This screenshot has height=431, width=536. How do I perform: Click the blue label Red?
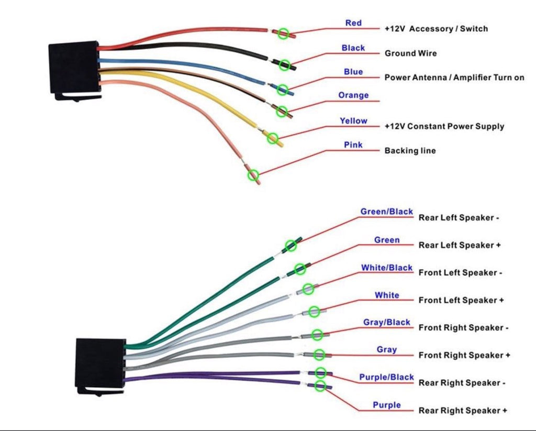[x=353, y=23]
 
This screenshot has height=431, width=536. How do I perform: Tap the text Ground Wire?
[x=410, y=53]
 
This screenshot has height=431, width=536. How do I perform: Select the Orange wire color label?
[x=353, y=95]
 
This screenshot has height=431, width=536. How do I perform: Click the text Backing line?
[x=410, y=151]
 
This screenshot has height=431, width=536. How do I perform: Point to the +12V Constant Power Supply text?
[x=444, y=126]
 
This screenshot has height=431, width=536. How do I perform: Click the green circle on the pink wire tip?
[x=253, y=175]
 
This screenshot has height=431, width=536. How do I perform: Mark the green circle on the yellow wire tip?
[x=272, y=138]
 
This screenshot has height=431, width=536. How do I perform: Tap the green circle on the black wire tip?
[x=284, y=65]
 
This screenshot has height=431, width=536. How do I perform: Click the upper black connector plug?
[x=74, y=69]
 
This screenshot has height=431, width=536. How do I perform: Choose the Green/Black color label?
[x=386, y=212]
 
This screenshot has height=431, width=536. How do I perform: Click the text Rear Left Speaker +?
[x=456, y=245]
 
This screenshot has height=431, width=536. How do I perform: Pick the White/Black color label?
[x=387, y=268]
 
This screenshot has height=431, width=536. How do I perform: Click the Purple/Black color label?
[x=386, y=377]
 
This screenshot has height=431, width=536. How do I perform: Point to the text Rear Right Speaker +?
[x=463, y=411]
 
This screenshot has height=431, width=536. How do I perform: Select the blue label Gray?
[x=387, y=349]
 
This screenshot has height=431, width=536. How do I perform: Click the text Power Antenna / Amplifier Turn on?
[x=454, y=78]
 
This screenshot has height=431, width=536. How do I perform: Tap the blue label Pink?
[x=353, y=145]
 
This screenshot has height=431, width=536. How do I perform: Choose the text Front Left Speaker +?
[x=461, y=300]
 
